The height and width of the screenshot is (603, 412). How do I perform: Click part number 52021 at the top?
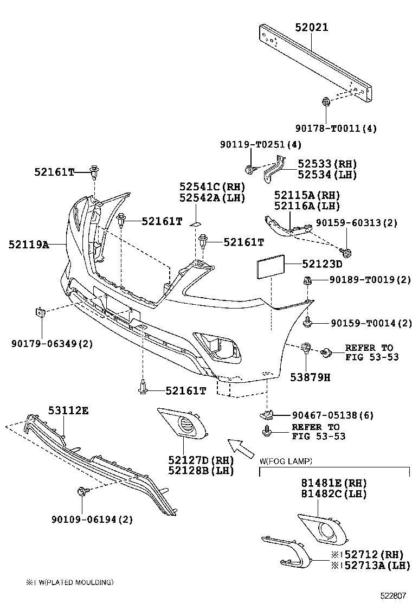(x=312, y=27)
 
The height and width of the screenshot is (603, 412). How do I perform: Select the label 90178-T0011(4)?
(x=336, y=129)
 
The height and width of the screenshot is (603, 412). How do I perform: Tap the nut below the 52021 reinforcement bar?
(x=326, y=101)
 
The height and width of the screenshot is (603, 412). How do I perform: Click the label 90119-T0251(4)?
(x=261, y=145)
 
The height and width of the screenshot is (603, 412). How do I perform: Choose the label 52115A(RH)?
(x=307, y=195)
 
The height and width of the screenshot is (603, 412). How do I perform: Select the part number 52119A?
(x=29, y=245)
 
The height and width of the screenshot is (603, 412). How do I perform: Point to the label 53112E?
(x=67, y=410)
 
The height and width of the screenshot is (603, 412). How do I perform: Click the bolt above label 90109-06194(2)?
(x=82, y=491)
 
